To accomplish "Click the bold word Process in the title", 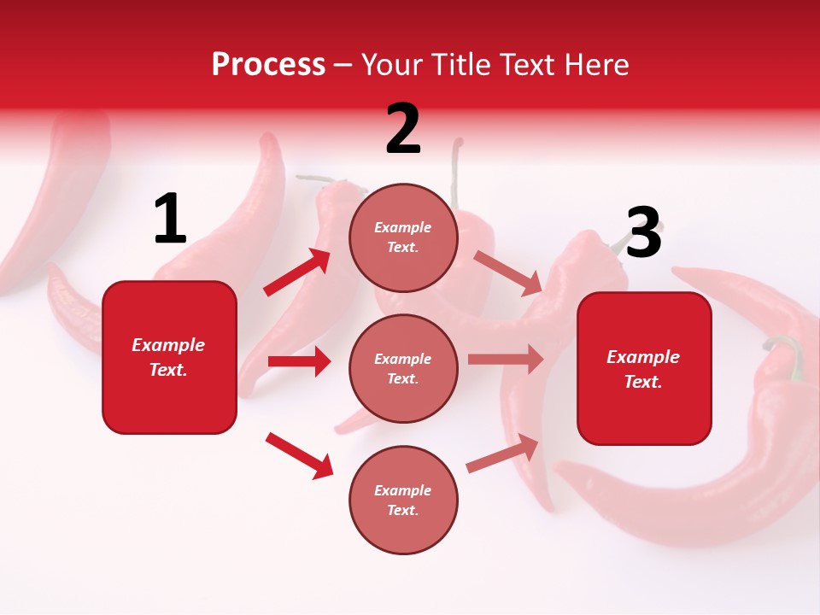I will [268, 65].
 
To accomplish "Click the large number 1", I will [170, 220].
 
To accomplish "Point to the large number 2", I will [403, 129].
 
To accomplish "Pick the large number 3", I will [643, 233].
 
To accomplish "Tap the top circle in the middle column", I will [403, 237].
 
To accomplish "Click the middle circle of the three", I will [403, 368].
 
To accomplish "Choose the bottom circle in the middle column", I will [403, 500].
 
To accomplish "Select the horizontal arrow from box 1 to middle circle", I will [299, 361].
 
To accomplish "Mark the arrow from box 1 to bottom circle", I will [299, 454].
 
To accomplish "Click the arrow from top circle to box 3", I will [507, 272].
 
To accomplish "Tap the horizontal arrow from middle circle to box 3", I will [505, 359].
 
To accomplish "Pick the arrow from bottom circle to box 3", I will [503, 454].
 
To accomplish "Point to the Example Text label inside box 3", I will [644, 369].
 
